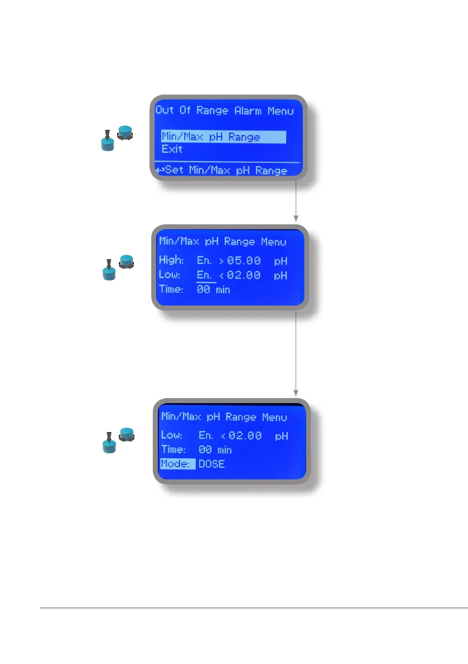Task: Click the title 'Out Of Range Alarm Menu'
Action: point(225,110)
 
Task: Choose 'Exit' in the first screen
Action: point(172,149)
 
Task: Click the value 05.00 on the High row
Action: point(243,260)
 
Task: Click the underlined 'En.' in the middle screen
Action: point(205,275)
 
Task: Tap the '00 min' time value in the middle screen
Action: point(214,290)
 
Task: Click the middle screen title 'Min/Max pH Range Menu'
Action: point(223,242)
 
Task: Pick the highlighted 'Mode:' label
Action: point(177,464)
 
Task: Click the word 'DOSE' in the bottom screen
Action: point(212,464)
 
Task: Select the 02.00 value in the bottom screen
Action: point(245,435)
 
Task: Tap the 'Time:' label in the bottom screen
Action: point(174,449)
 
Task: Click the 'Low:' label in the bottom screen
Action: point(172,435)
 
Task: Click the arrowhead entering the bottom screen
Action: point(296,392)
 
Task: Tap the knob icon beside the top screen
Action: point(117,138)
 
